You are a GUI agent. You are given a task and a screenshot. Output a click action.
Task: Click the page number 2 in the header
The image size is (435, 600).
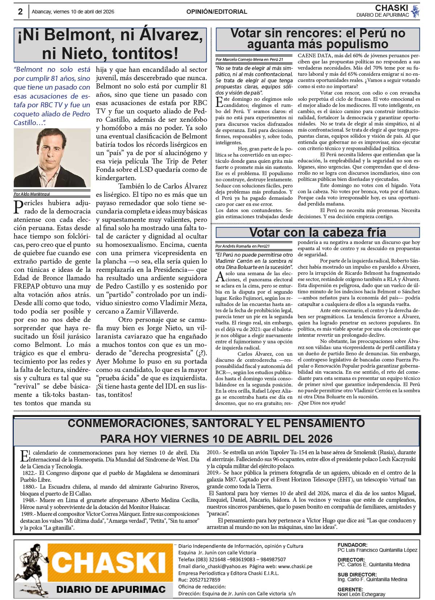click(x=20, y=12)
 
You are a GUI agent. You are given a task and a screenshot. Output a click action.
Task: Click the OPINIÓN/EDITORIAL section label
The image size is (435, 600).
click(x=217, y=12)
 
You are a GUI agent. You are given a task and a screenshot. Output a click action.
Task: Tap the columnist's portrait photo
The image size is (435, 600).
click(x=52, y=158)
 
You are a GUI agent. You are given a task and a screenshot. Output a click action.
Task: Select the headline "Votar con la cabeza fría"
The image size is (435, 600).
click(x=318, y=232)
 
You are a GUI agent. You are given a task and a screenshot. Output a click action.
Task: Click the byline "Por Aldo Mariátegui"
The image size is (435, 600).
click(x=32, y=194)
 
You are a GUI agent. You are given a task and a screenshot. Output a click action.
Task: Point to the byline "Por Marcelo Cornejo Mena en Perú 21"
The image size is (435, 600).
click(x=249, y=59)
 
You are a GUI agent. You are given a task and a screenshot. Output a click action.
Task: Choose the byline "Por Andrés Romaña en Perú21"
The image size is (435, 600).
click(x=243, y=246)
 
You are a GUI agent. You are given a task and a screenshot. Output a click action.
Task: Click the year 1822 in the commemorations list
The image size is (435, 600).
click(x=28, y=473)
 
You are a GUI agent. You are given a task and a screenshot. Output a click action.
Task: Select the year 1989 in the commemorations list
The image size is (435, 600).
click(x=28, y=514)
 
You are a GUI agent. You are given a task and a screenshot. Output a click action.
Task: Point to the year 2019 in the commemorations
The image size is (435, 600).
click(x=213, y=473)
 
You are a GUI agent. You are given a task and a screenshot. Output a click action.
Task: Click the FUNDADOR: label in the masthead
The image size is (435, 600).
click(x=352, y=545)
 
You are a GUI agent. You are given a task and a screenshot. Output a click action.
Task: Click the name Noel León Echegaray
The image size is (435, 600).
click(x=361, y=594)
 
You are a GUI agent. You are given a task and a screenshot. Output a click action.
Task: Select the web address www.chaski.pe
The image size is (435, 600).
click(x=295, y=566)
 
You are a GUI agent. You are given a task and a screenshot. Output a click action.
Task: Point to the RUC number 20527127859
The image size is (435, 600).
click(x=205, y=580)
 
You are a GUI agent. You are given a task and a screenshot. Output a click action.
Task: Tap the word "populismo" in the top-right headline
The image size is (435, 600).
click(x=352, y=44)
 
